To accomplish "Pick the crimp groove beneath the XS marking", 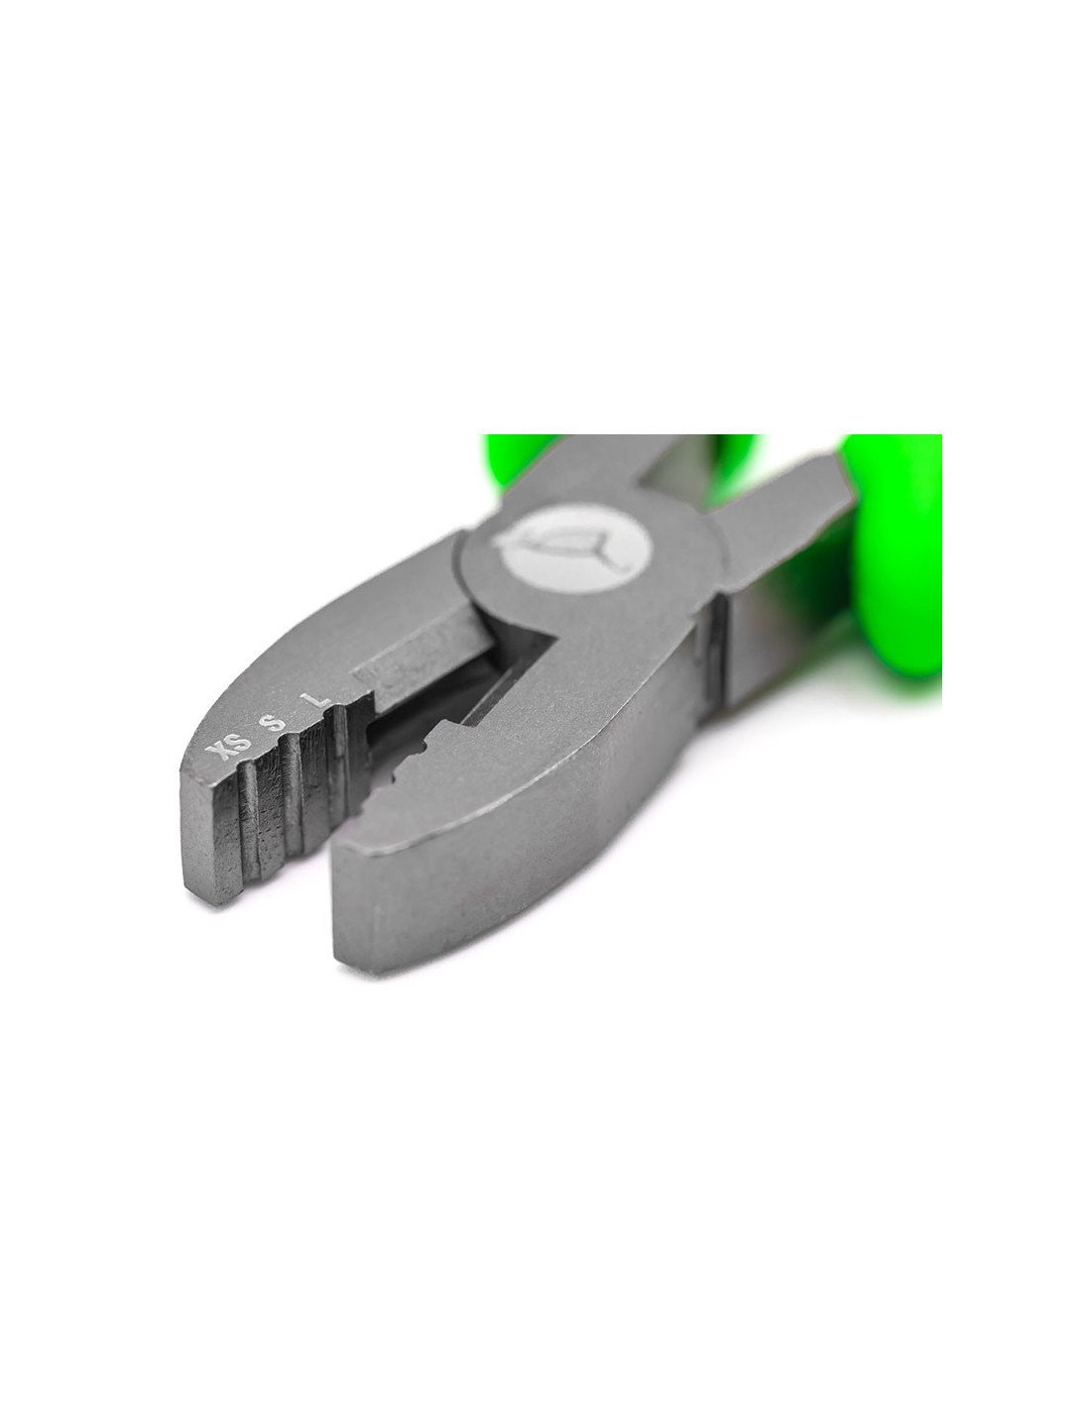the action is [x=250, y=818].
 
